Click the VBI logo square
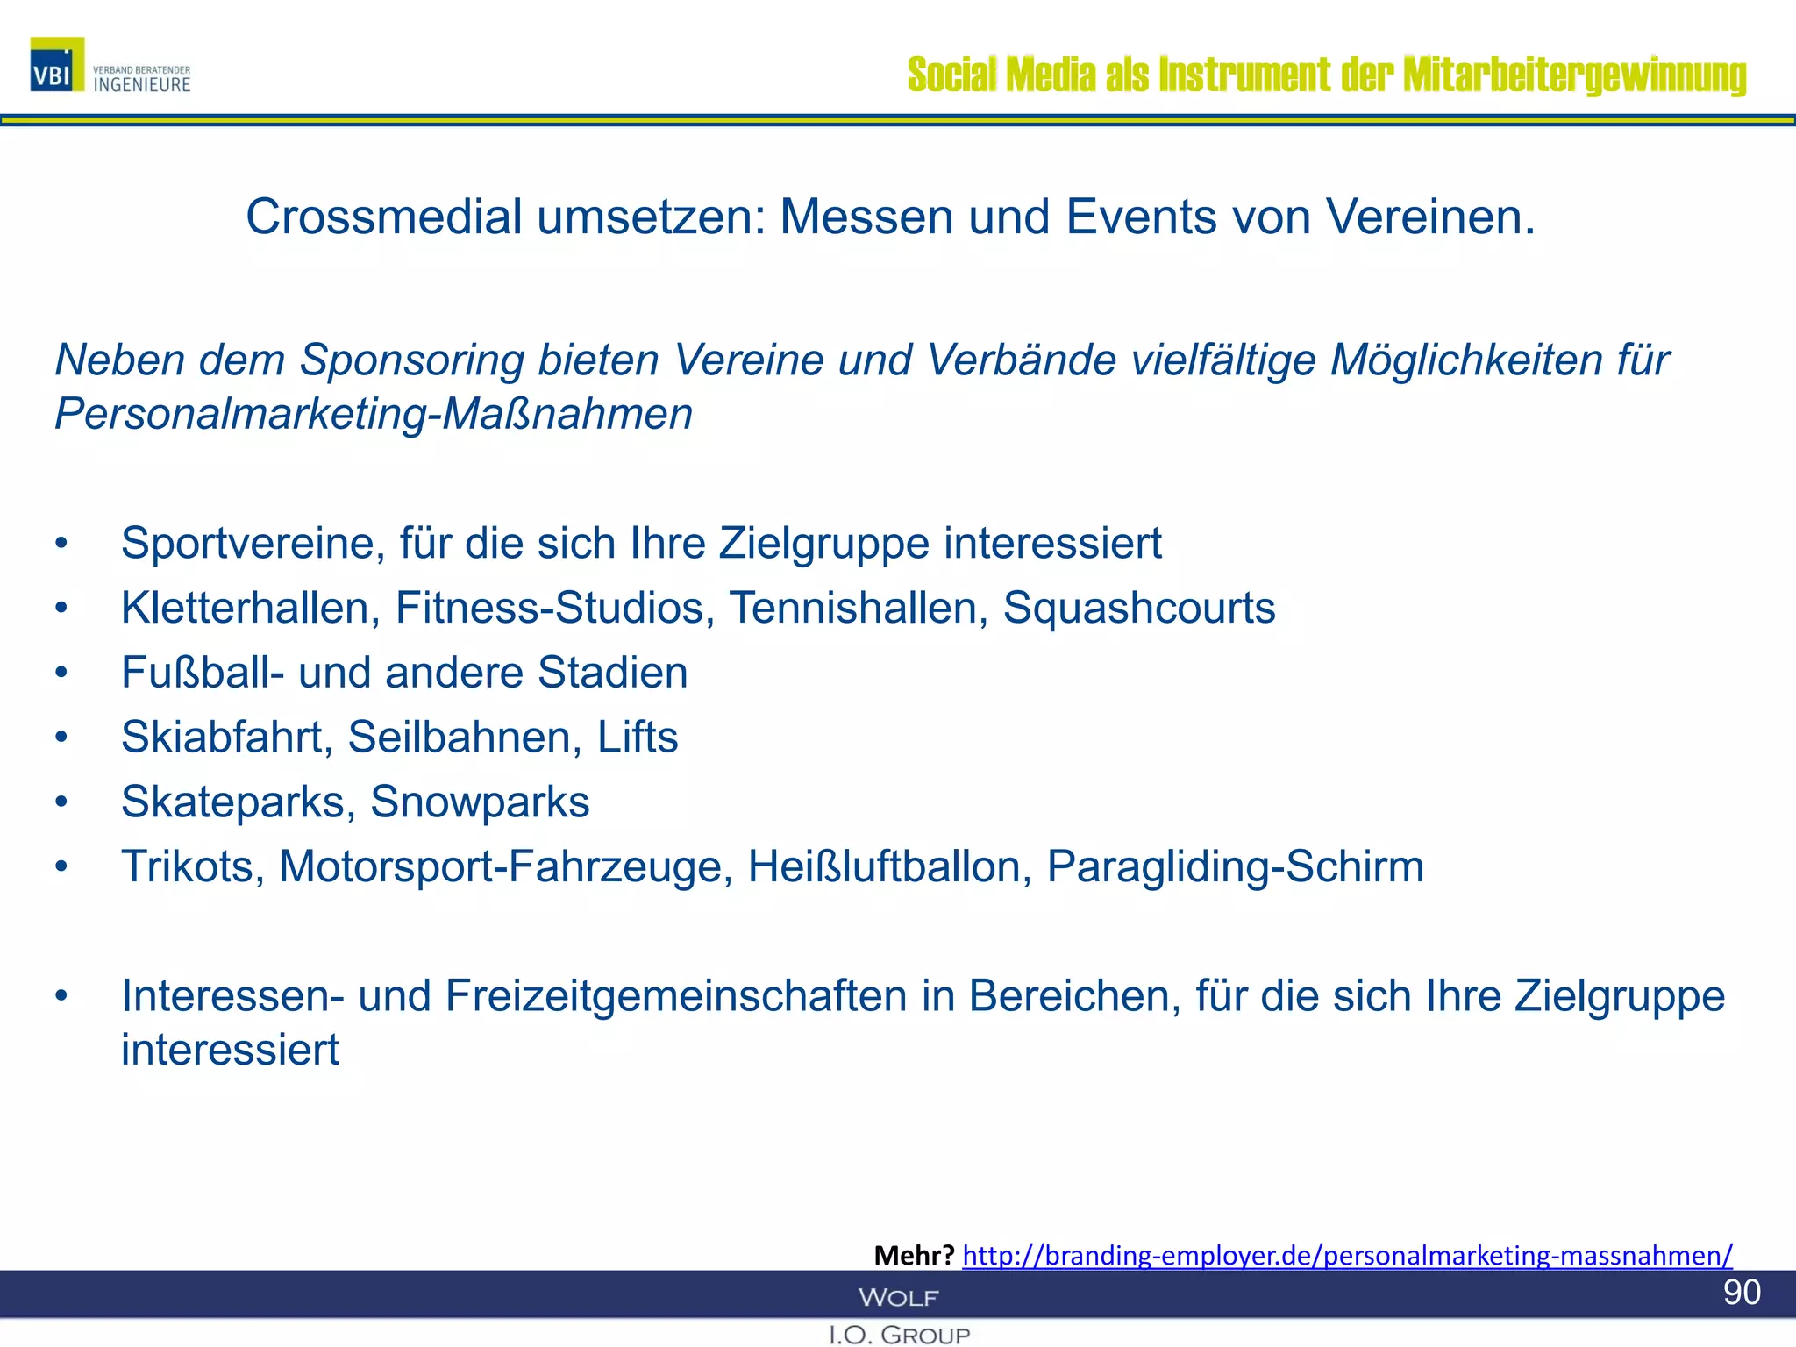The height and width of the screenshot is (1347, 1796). tap(57, 65)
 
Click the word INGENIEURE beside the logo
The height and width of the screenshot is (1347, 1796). tap(142, 85)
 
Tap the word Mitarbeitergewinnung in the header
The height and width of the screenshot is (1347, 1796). tap(1574, 75)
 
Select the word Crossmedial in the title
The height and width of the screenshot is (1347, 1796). tap(384, 217)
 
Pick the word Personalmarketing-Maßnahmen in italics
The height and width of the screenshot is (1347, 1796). tap(374, 414)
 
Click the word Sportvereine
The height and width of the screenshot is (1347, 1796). tap(253, 543)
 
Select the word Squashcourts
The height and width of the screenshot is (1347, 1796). tap(1139, 608)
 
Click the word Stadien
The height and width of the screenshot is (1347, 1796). tap(612, 673)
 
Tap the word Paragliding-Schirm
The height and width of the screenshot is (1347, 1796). tap(1235, 866)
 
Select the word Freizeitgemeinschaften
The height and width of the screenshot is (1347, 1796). tap(676, 996)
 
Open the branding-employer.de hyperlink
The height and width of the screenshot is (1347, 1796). tap(1347, 1255)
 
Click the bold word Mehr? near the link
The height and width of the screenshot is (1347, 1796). tap(914, 1255)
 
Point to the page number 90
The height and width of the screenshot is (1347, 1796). tap(1742, 1292)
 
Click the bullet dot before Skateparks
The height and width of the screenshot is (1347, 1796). tap(61, 802)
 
